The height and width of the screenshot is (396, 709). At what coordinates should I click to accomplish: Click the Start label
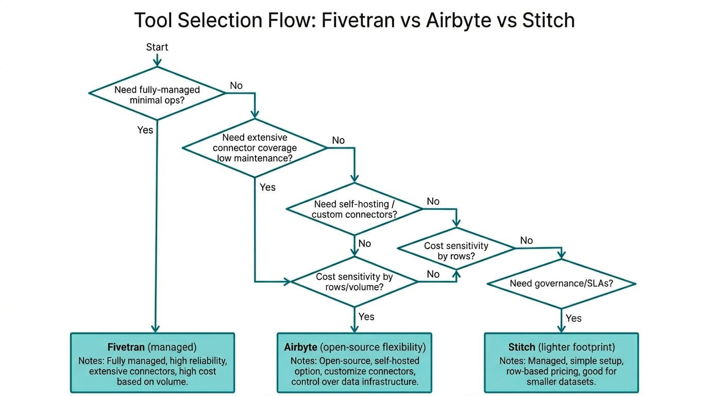(157, 47)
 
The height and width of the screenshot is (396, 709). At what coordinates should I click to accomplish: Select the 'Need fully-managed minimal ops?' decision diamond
(157, 94)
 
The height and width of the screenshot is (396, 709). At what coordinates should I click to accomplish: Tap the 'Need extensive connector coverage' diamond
(255, 148)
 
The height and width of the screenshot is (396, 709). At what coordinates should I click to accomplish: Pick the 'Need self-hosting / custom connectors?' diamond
(354, 209)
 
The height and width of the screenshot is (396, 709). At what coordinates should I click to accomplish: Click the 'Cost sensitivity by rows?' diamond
(456, 251)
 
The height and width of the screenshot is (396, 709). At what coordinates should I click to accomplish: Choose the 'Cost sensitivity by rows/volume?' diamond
(354, 282)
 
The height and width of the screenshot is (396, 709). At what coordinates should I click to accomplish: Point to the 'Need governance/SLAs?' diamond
(561, 283)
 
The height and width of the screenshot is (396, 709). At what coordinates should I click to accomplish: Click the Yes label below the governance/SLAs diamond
(573, 318)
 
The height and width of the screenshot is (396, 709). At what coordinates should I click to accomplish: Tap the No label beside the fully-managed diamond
(236, 86)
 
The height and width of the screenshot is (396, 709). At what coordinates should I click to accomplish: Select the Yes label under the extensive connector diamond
(267, 187)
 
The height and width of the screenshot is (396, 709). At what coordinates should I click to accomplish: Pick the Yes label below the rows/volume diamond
(366, 316)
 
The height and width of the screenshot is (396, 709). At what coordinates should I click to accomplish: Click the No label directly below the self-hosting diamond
(365, 243)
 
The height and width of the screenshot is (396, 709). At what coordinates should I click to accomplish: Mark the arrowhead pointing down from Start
(157, 62)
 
